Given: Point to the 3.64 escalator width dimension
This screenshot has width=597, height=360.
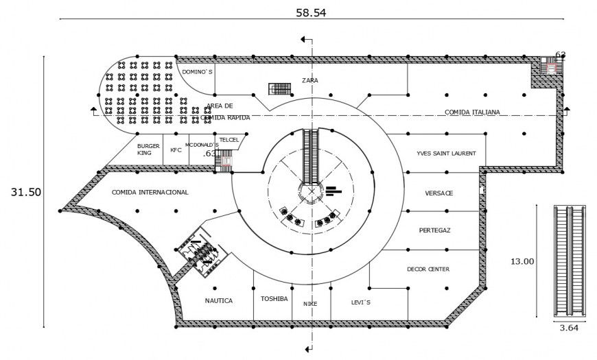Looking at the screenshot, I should coord(569,328).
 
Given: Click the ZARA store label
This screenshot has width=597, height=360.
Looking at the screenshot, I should coord(309,80).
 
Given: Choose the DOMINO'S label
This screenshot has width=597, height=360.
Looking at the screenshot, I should coord(198,71).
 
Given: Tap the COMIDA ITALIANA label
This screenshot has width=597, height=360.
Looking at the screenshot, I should coord(472,112).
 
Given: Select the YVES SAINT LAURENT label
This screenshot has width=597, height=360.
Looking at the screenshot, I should coord(446,154).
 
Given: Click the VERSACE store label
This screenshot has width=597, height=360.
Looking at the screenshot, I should coord(438,193).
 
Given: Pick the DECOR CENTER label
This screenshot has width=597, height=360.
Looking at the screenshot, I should coord(428,269).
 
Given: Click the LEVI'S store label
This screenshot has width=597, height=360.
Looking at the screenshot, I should coord(360,301).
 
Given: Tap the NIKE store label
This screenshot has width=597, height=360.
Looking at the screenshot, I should coord(309,304).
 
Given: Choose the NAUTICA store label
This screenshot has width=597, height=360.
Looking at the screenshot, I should coord(219,300).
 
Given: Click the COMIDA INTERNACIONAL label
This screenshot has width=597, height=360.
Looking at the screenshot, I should coord(150,193).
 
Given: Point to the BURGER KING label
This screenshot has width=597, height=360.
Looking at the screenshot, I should coord(148,149).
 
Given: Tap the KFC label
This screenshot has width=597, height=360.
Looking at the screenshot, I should coord(176,149).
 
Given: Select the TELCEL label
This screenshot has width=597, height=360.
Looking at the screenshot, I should coord(229,139).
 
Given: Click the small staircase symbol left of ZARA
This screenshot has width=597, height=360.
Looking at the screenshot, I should coord(281,88).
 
